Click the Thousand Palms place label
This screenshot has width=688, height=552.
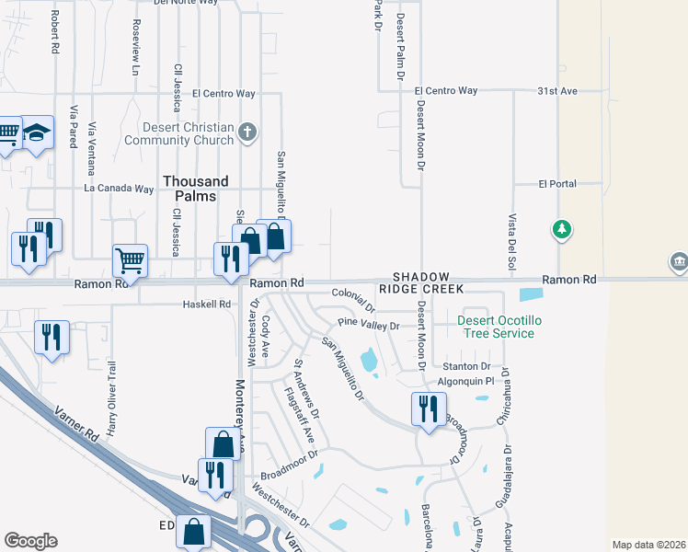coord(190,189)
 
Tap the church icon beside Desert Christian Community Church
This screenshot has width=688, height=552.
coord(246,132)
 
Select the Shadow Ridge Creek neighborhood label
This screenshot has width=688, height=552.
coord(421,282)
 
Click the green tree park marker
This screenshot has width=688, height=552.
coord(561,228)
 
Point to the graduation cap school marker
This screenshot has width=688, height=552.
coord(38,133)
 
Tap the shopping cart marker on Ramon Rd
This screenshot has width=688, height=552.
coord(130,260)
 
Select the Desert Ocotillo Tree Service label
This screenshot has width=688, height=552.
coord(496,327)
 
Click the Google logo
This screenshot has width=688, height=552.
coord(30,541)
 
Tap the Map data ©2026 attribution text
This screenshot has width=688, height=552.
coord(649,545)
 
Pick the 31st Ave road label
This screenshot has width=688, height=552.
coord(556,91)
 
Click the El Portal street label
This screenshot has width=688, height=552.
coord(557,184)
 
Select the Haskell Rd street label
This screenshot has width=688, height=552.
coord(206,304)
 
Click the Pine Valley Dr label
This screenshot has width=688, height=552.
coord(368,325)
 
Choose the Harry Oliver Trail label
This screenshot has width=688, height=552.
coord(112,397)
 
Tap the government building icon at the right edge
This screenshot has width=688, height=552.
coord(680,261)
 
